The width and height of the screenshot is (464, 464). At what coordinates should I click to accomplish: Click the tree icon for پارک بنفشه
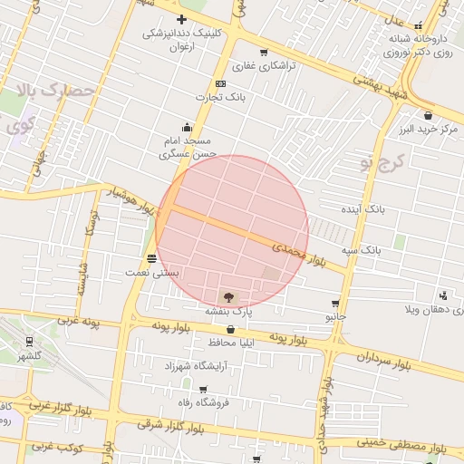(x=227, y=295)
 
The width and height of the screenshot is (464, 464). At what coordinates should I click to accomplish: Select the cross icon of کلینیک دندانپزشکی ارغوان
(x=181, y=18)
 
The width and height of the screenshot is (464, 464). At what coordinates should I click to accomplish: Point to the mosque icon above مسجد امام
(x=188, y=127)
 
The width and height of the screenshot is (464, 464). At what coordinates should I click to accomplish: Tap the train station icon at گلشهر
(x=31, y=342)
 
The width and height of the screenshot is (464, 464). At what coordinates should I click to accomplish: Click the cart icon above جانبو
(x=336, y=304)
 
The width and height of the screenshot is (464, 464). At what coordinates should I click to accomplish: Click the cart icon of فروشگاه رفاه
(x=202, y=390)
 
